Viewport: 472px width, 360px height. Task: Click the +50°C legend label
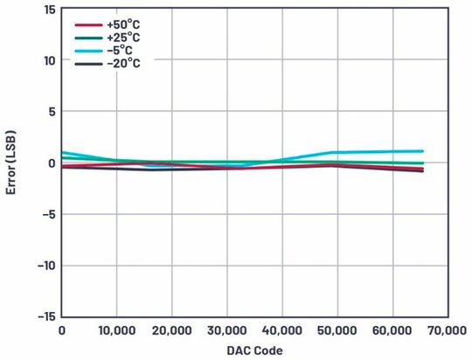(x=124, y=25)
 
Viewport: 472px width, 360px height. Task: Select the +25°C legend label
(x=124, y=38)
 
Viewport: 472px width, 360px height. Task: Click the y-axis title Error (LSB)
(x=12, y=162)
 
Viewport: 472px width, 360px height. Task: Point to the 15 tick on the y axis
(x=49, y=10)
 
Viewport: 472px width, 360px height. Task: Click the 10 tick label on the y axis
(x=49, y=60)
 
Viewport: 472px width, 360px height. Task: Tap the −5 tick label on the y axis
(x=49, y=214)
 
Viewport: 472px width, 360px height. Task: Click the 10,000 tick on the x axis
(x=116, y=331)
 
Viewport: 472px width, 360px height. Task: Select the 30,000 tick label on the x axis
(x=226, y=331)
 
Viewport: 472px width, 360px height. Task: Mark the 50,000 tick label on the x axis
(x=337, y=331)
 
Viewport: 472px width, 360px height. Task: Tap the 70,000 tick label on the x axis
(x=447, y=331)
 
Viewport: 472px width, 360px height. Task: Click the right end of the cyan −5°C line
(x=423, y=151)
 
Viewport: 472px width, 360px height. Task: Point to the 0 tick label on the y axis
(x=52, y=163)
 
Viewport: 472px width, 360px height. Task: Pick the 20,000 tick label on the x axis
(x=171, y=331)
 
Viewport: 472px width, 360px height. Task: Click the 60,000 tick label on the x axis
(x=392, y=331)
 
